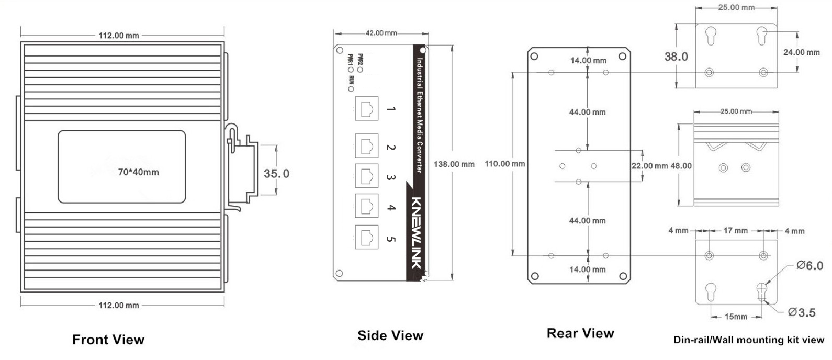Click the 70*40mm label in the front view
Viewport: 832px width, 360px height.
tap(138, 172)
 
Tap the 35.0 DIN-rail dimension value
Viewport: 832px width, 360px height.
tap(276, 173)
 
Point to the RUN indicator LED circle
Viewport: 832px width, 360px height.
tap(351, 89)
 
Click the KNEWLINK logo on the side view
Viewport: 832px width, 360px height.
tap(417, 232)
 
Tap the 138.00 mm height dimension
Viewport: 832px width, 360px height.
tap(454, 164)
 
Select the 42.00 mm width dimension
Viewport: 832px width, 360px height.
tap(381, 33)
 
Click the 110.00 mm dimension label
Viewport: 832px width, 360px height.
tap(504, 164)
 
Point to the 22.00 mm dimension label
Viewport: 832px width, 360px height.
tap(649, 166)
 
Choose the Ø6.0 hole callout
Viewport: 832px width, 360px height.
tap(809, 266)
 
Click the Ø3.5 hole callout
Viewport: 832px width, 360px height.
tap(802, 313)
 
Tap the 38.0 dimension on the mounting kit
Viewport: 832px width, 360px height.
tap(676, 57)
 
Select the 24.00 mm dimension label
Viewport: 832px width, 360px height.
tap(801, 52)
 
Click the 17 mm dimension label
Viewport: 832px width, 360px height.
tap(735, 230)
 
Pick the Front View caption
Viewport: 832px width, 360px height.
tap(108, 340)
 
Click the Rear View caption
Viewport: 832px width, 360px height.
tap(580, 333)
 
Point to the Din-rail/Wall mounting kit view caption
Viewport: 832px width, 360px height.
tap(748, 340)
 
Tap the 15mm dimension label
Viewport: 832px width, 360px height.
tap(736, 317)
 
